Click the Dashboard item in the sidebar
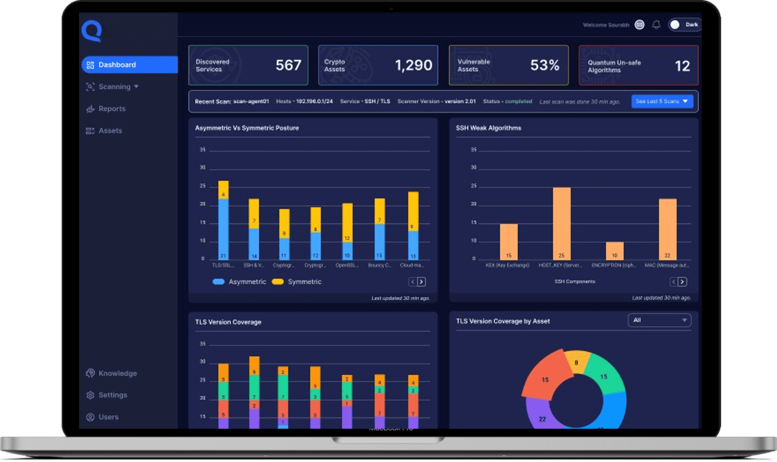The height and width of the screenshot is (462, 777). pos(117,65)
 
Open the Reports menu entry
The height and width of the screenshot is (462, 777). pos(112,109)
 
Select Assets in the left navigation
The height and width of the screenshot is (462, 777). pos(110,131)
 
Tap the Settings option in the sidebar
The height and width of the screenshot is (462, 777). pos(112,395)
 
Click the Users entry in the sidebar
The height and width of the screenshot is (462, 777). pos(108,417)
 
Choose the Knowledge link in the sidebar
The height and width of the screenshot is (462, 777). pos(117,373)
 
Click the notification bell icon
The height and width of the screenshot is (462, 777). pos(656,25)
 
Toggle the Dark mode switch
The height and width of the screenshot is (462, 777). pos(684,25)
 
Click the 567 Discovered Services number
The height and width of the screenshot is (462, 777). pos(288,65)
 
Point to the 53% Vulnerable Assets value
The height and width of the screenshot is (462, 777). pos(545,65)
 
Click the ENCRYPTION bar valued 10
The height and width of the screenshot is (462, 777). pos(614,251)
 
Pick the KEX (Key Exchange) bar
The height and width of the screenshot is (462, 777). pos(509,242)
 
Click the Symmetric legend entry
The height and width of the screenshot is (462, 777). pos(304,282)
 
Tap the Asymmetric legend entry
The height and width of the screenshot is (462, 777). pos(247,282)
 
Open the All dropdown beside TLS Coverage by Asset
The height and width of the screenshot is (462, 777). pos(659,320)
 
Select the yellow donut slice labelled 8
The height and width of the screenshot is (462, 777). pos(576,362)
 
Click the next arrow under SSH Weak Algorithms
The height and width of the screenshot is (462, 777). pos(682,282)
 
